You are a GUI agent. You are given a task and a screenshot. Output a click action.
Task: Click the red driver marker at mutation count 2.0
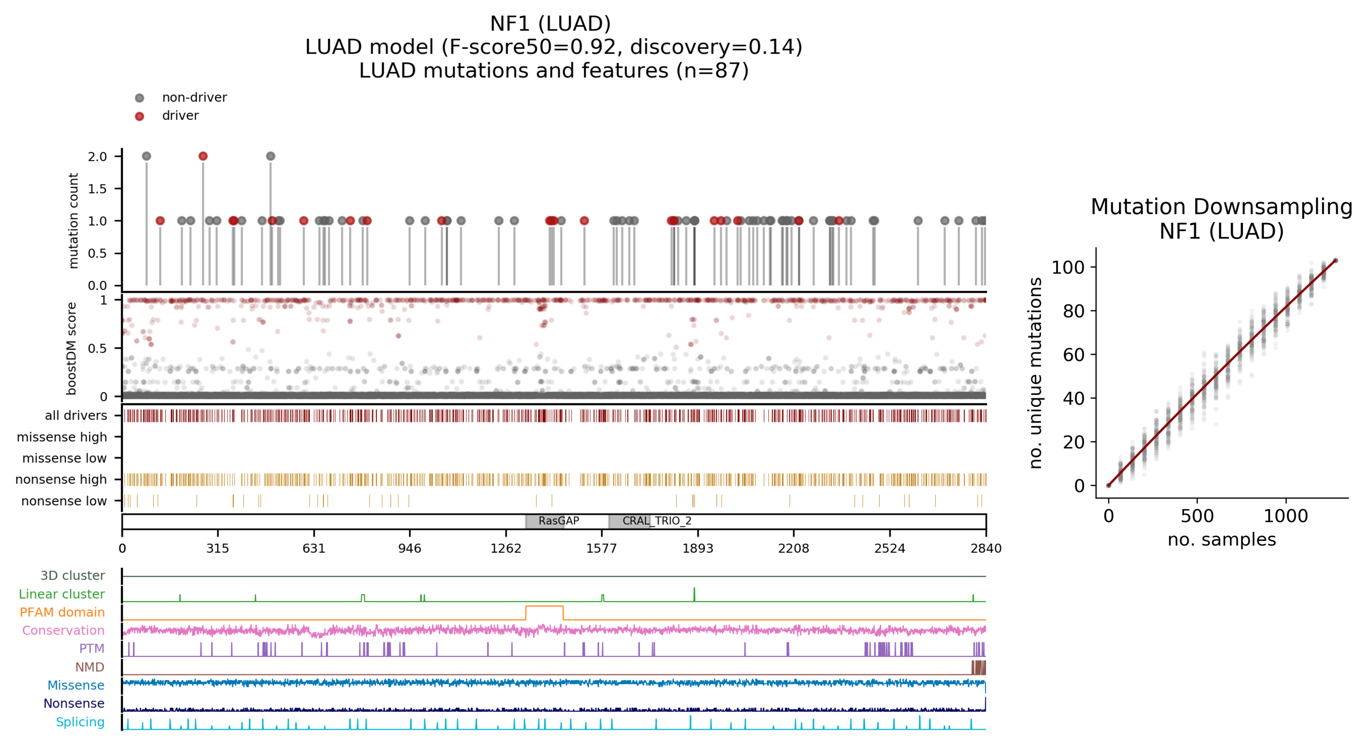coord(203,156)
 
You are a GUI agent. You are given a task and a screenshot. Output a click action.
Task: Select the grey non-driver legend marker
coord(139,98)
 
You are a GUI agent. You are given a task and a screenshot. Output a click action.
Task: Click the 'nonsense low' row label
coord(64,501)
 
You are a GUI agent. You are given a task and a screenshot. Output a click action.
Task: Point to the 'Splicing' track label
coord(80,722)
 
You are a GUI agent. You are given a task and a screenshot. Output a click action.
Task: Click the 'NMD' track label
coord(90,667)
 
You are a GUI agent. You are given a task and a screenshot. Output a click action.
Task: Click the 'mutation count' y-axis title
coord(73,221)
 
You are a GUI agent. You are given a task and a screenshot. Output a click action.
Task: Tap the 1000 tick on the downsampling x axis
coord(1286,516)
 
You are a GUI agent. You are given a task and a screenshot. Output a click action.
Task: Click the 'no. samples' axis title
coord(1221,540)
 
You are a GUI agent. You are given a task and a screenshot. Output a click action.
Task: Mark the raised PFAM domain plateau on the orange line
coord(544,606)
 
